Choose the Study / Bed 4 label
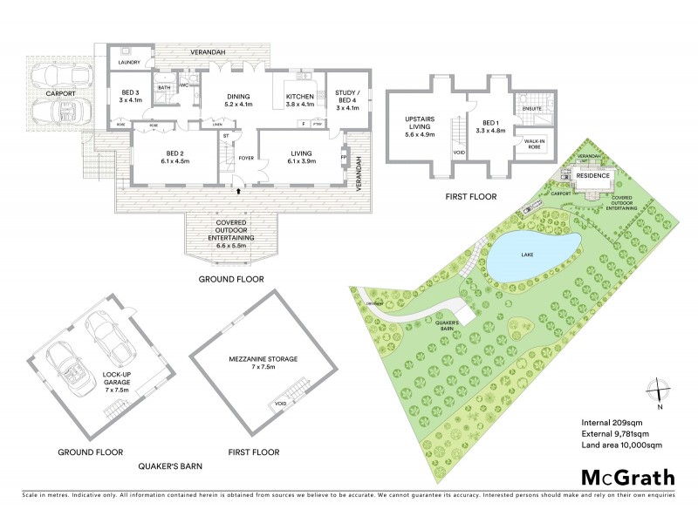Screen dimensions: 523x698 coord(347,99)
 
